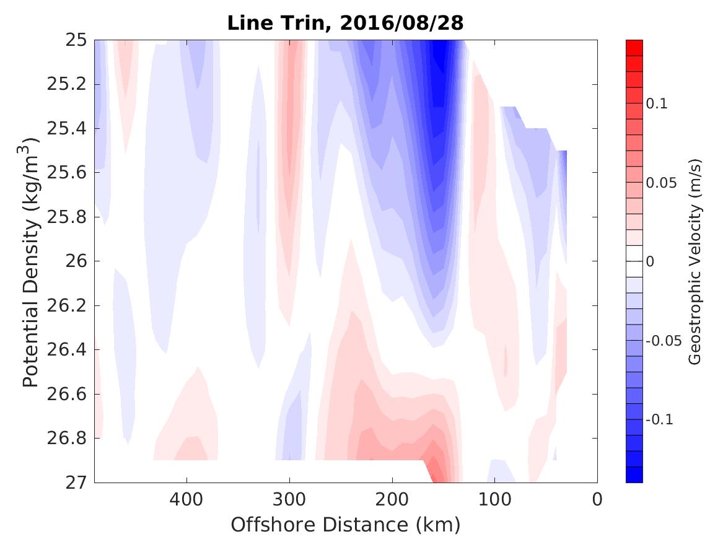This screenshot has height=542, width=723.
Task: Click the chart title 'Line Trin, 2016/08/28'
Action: click(x=345, y=23)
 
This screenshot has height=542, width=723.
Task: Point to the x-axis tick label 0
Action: click(x=597, y=499)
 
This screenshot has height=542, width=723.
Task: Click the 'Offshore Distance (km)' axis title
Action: click(x=345, y=525)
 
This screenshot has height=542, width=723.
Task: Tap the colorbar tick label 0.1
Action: click(x=657, y=103)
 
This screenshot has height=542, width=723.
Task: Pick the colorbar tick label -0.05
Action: click(x=662, y=341)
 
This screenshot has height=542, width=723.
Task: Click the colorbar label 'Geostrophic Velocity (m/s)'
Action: click(x=695, y=261)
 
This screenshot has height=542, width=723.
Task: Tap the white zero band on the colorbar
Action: click(x=634, y=253)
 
